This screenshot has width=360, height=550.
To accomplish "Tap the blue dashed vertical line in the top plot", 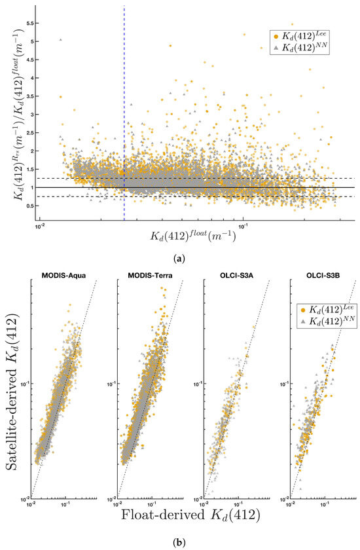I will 124,98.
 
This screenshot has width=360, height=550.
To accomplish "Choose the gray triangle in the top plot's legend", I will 276,47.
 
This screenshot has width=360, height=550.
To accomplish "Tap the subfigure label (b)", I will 180,543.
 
